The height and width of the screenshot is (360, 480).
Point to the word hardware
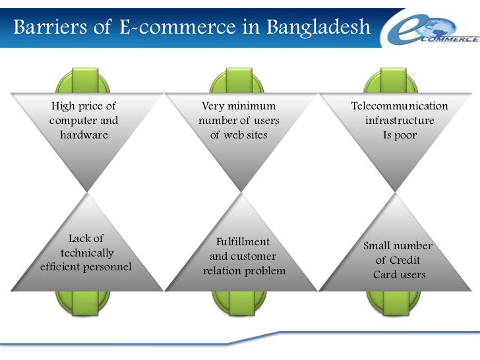pyautogui.click(x=84, y=135)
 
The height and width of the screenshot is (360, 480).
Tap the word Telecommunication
pyautogui.click(x=400, y=106)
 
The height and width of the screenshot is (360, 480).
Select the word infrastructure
pyautogui.click(x=400, y=121)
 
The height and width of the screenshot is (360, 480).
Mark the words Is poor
pyautogui.click(x=400, y=135)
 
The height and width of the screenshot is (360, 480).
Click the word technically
pyautogui.click(x=87, y=253)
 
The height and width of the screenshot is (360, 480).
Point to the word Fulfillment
pyautogui.click(x=243, y=242)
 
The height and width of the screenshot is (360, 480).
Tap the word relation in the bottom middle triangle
pyautogui.click(x=222, y=271)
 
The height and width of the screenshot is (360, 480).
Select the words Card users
pyautogui.click(x=400, y=275)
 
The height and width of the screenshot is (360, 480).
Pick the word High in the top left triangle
pyautogui.click(x=64, y=106)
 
